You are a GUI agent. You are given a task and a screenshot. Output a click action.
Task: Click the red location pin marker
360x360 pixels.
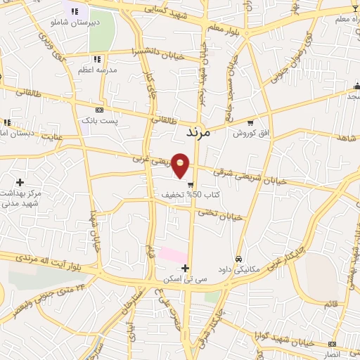[x=181, y=165]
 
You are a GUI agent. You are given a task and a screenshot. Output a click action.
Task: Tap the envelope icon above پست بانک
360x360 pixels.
[x=100, y=110]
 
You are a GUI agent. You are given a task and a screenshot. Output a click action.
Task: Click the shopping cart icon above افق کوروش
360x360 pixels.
[x=250, y=122]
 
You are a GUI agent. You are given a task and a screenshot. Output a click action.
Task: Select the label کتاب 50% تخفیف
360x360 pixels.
[x=191, y=193]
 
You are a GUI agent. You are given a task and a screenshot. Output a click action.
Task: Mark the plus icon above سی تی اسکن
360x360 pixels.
[x=186, y=268]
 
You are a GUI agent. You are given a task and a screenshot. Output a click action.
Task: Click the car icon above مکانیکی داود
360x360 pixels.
[x=240, y=258]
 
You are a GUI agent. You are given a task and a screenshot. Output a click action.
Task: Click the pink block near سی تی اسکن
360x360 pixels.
[x=173, y=253]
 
